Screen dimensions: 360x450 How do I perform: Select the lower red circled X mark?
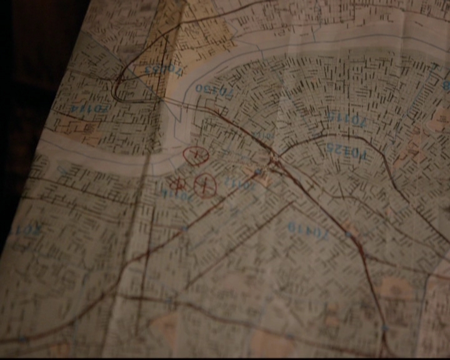coord(204,184)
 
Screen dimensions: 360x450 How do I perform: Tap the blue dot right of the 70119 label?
coord(347,234)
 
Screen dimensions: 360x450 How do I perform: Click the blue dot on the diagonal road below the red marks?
coord(184,229)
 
